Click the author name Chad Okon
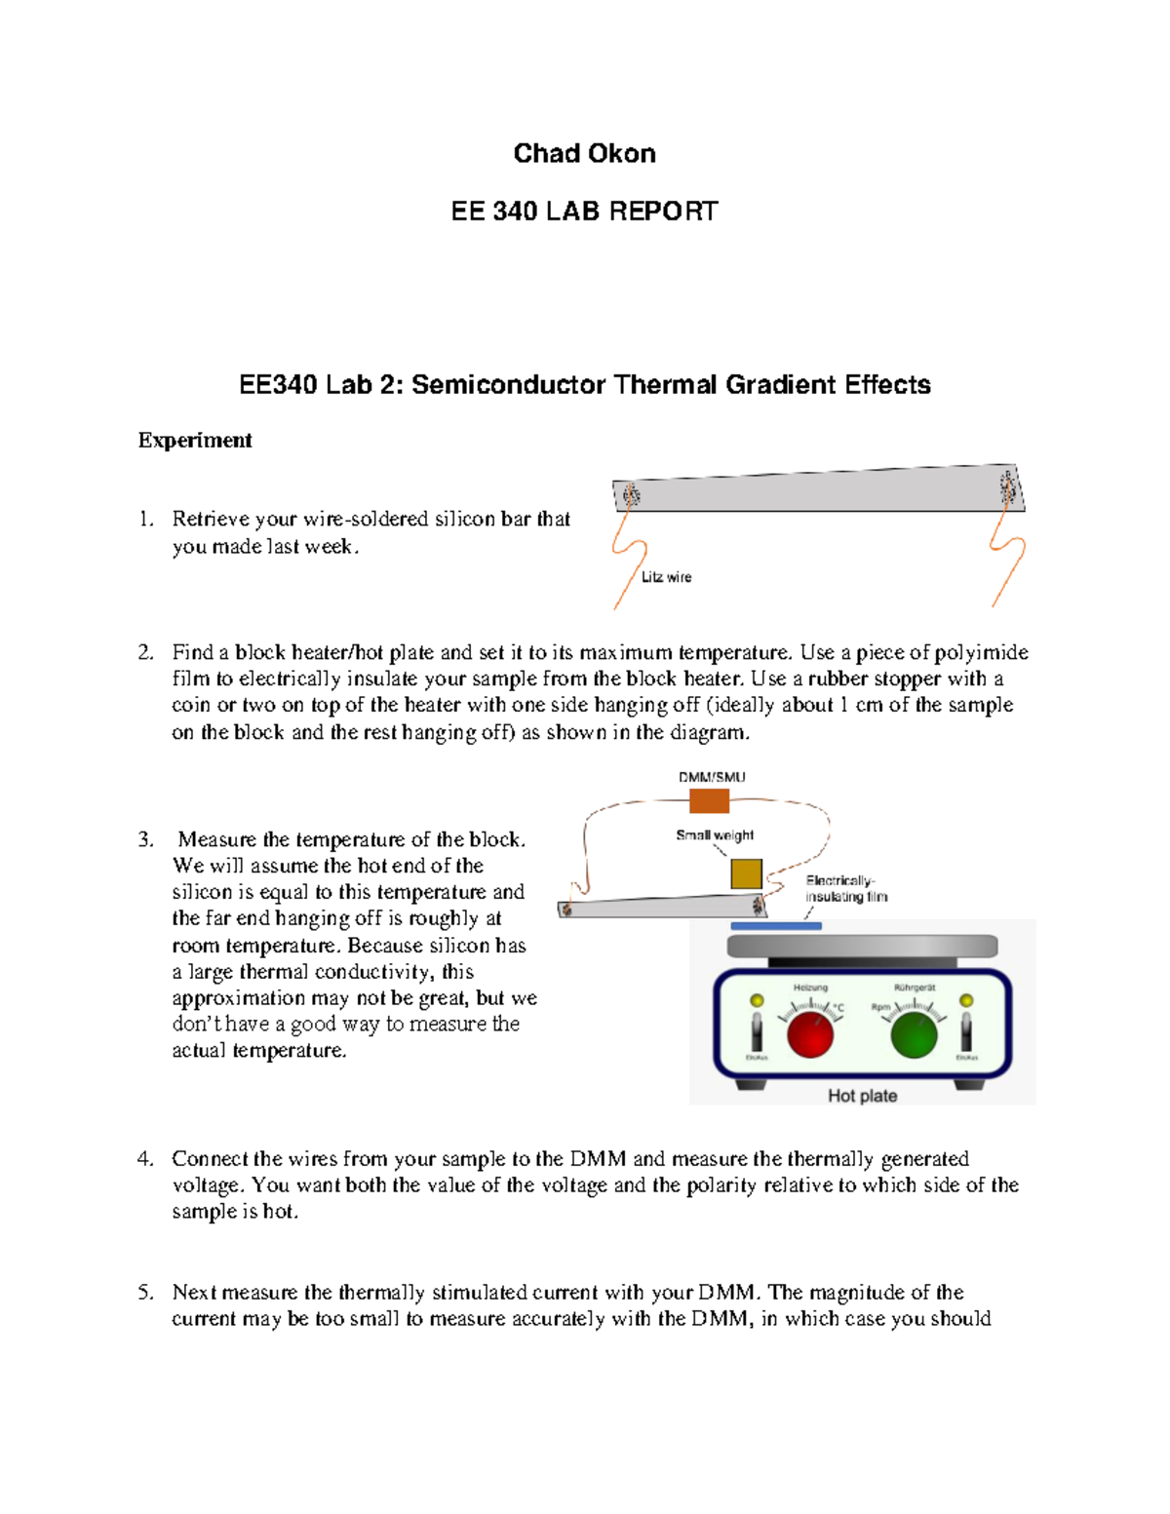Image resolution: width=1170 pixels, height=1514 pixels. click(584, 153)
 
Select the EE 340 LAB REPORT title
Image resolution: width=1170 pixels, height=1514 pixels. click(584, 212)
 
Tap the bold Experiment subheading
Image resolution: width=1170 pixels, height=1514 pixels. click(195, 440)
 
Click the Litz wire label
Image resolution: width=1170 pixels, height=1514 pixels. click(666, 577)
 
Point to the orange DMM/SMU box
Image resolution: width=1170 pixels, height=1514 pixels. click(709, 801)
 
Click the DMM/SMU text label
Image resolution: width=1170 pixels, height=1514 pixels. click(712, 777)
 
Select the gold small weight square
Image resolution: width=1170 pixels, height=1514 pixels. click(746, 873)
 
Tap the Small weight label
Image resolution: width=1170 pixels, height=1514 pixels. click(715, 835)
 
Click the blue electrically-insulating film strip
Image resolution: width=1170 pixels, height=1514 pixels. click(776, 926)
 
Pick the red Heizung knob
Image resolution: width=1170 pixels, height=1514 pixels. click(810, 1034)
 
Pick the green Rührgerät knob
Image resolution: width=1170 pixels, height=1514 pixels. click(914, 1034)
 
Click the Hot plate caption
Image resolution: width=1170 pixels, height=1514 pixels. click(862, 1096)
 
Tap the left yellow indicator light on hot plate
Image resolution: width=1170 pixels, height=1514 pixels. click(756, 1000)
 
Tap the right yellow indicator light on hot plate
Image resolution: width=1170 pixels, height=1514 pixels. click(966, 1000)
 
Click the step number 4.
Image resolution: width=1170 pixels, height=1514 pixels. click(145, 1159)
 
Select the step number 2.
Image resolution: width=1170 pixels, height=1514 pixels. click(145, 652)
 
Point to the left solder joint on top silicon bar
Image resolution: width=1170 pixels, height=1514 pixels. click(631, 494)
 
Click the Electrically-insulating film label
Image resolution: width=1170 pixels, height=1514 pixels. click(845, 888)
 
